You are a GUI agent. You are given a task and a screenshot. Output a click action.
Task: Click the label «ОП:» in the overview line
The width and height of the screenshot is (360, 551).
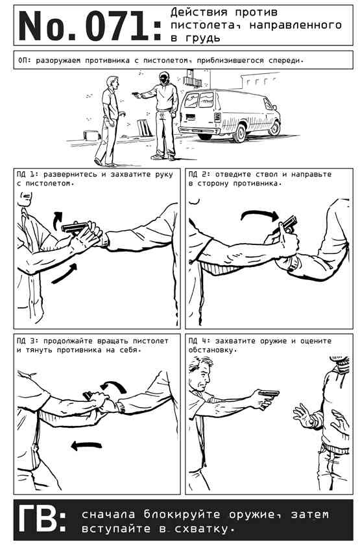[x=25, y=60]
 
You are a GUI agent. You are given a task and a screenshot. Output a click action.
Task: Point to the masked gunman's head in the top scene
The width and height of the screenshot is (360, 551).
[x=163, y=78]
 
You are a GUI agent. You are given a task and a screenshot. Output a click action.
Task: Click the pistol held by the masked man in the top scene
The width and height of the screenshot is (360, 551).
[x=136, y=94]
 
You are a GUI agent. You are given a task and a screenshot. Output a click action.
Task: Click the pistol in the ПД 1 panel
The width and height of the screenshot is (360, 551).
[x=75, y=227]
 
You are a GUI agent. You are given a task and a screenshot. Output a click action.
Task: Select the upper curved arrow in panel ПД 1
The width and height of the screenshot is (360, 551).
[x=57, y=220]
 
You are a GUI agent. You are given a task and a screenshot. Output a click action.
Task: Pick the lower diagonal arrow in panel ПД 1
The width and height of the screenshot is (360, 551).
[x=64, y=274]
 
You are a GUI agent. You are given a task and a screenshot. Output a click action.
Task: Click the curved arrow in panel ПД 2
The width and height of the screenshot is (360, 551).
[x=260, y=215]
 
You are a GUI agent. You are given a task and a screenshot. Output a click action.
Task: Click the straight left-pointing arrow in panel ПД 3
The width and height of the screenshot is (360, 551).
[x=86, y=446]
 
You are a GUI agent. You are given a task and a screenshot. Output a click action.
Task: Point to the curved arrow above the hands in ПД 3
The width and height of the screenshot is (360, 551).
[x=114, y=385]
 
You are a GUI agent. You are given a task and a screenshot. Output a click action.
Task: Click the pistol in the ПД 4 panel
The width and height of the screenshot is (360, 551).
[x=268, y=393]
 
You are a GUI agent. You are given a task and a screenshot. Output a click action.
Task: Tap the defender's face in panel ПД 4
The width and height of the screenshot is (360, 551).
[x=203, y=379]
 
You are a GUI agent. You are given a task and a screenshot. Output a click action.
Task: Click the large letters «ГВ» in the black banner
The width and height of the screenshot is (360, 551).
[x=39, y=520]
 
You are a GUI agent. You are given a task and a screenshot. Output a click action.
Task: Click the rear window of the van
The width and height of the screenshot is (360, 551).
[x=199, y=100]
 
